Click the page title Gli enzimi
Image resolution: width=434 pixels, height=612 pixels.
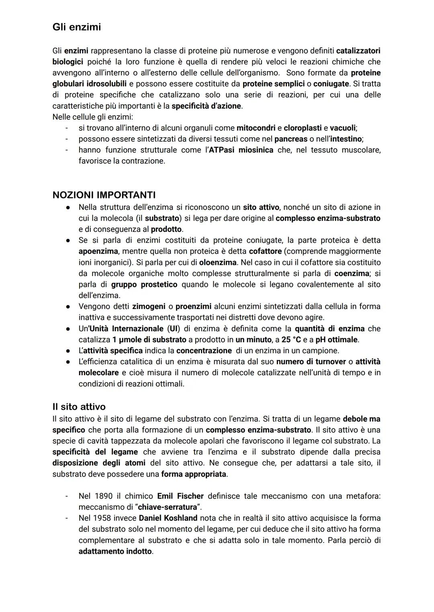pos(76,27)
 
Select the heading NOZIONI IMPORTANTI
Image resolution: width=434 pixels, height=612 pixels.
pos(104,195)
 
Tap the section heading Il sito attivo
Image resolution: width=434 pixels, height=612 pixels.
pos(79,407)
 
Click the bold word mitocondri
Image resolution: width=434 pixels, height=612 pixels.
pos(256,128)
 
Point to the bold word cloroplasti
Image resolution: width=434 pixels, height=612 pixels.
pos(303,128)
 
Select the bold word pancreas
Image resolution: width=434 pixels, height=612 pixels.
pos(291,139)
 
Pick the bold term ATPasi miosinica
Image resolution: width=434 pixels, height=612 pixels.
pos(241,150)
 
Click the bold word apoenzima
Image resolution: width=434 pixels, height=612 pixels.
pos(98,251)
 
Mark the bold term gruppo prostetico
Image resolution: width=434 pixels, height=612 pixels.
pos(144,285)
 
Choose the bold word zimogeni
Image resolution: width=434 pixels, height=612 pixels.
pos(149,307)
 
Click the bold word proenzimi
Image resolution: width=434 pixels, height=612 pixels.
pos(193,307)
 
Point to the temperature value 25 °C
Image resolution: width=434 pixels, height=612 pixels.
pos(291,340)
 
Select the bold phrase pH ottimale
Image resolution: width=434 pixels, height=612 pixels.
pos(337,340)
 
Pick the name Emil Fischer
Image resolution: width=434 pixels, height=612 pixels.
pos(180,496)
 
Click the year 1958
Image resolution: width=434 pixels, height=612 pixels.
pos(102,518)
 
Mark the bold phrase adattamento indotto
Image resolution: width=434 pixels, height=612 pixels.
pos(115,551)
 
